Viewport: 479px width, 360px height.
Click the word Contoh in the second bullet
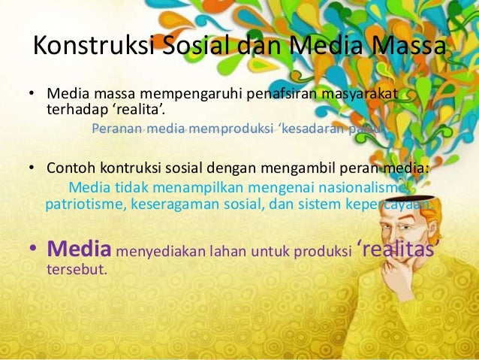tap(69, 168)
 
